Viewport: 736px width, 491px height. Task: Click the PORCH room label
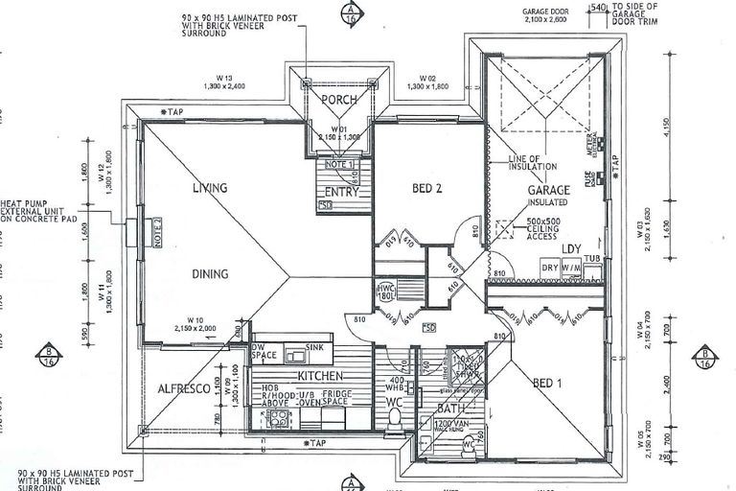pos(339,100)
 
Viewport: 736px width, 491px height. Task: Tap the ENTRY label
pos(341,191)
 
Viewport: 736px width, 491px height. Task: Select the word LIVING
pos(209,188)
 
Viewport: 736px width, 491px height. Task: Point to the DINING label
pos(209,274)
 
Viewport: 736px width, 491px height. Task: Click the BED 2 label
pos(426,189)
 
